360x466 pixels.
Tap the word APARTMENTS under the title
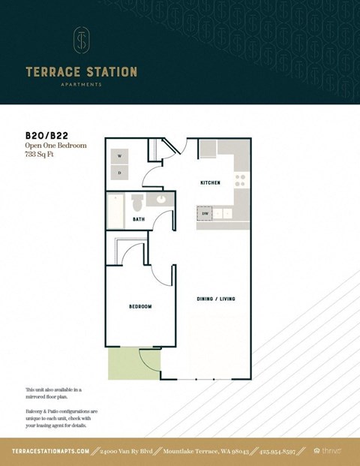pos(82,85)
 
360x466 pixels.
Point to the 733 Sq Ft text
pos(41,154)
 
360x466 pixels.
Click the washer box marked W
pos(119,156)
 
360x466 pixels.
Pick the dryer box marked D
pos(119,173)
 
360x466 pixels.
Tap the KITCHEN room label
pos(209,183)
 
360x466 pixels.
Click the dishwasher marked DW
pos(205,214)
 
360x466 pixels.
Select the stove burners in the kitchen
pos(241,180)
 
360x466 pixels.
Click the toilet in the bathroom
pos(137,203)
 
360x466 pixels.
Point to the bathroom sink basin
pos(160,200)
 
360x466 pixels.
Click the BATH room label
pos(139,220)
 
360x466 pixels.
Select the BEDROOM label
pos(140,306)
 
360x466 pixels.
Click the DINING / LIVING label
pos(216,299)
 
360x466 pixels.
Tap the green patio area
pos(124,363)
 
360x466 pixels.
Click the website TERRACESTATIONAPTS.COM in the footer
pos(51,451)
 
